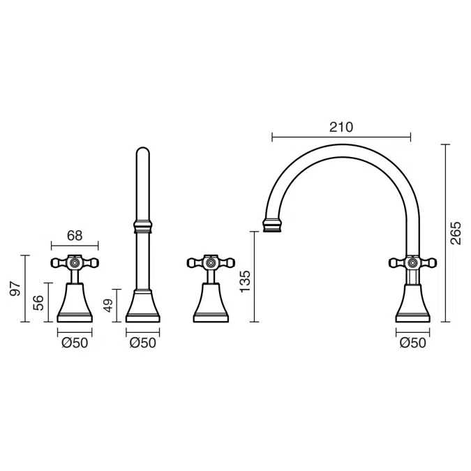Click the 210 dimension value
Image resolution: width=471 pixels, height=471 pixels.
pyautogui.click(x=341, y=128)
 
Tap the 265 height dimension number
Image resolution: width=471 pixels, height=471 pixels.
pyautogui.click(x=456, y=233)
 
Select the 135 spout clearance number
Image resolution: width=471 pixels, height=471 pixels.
pyautogui.click(x=245, y=281)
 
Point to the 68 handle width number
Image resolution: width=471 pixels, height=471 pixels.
pyautogui.click(x=75, y=236)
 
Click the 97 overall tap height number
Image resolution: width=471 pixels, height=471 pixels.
pyautogui.click(x=15, y=289)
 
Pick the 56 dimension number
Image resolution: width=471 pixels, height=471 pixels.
pyautogui.click(x=38, y=303)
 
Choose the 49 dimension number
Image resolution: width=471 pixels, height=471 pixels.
pyautogui.click(x=109, y=306)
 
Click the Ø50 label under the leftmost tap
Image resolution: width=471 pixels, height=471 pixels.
pyautogui.click(x=75, y=343)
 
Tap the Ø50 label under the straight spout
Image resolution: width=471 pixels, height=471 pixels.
pyautogui.click(x=143, y=343)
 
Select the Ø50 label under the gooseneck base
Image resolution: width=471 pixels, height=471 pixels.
pyautogui.click(x=413, y=343)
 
